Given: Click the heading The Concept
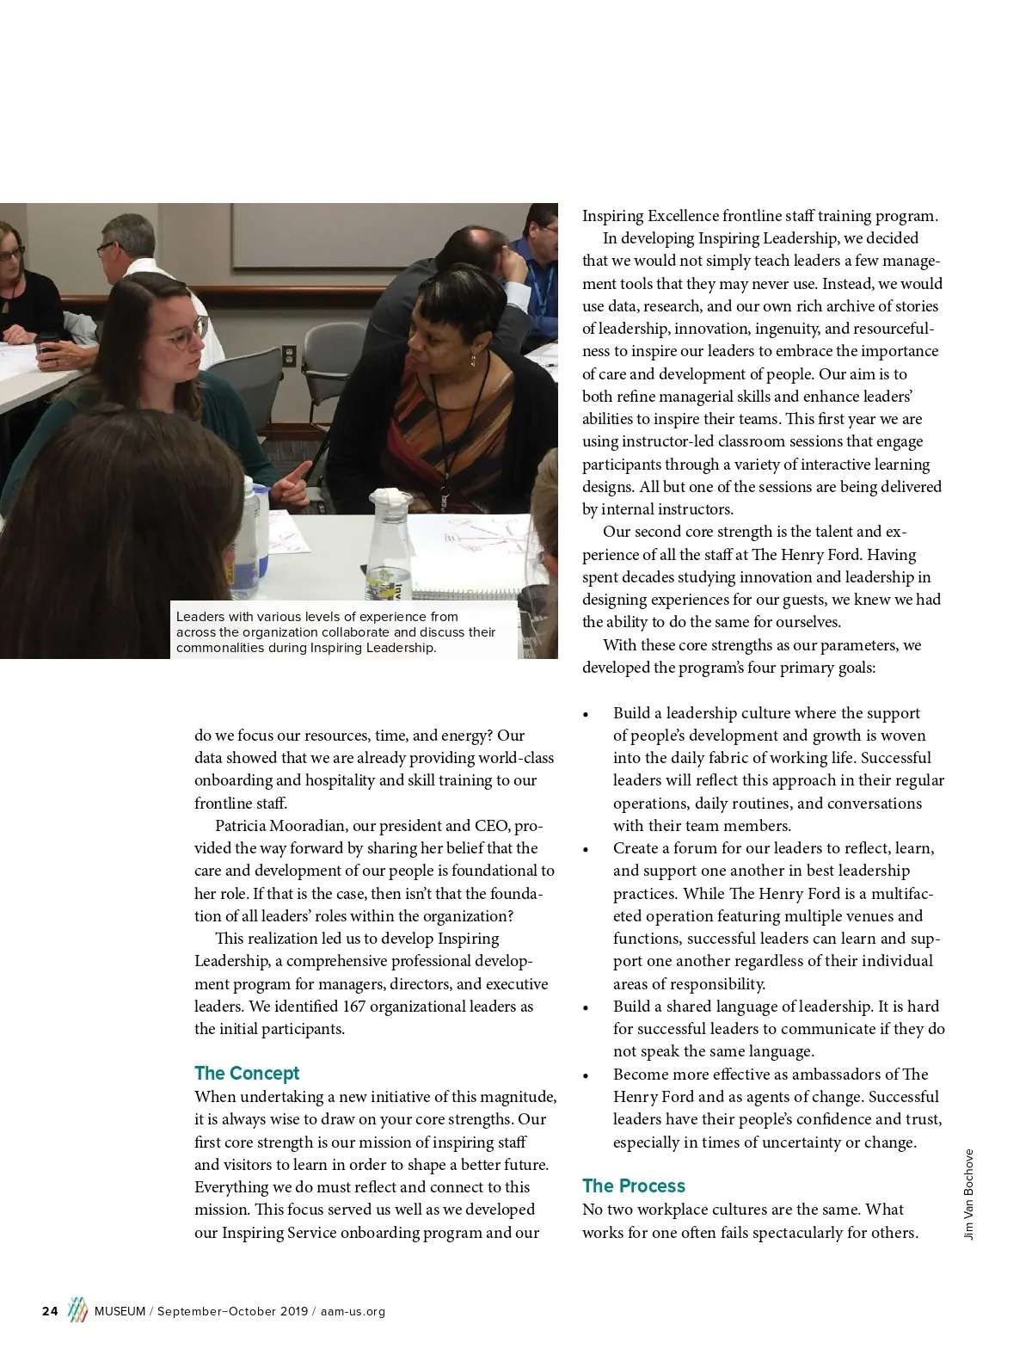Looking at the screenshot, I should pyautogui.click(x=247, y=1073).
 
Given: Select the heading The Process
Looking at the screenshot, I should pyautogui.click(x=634, y=1185).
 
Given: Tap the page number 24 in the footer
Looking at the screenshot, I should pyautogui.click(x=50, y=1311).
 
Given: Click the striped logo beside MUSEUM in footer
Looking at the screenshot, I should pyautogui.click(x=77, y=1309).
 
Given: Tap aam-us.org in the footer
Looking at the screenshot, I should pyautogui.click(x=353, y=1311).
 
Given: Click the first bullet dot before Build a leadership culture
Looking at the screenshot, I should pyautogui.click(x=586, y=715).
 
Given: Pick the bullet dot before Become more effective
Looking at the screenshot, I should pyautogui.click(x=586, y=1075).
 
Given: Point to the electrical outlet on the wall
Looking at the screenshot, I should pyautogui.click(x=288, y=354).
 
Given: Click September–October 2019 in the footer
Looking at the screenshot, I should pyautogui.click(x=232, y=1311).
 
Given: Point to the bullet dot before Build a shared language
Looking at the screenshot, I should pyautogui.click(x=586, y=1007).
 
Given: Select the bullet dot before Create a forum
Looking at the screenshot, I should pyautogui.click(x=586, y=849).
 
